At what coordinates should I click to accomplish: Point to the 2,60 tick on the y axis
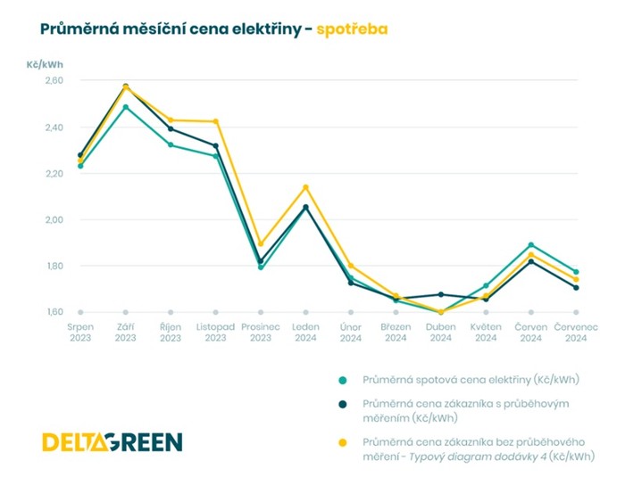pyautogui.click(x=54, y=80)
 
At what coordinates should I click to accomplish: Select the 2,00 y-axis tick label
pyautogui.click(x=54, y=219)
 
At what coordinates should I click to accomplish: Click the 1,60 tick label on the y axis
pyautogui.click(x=54, y=312)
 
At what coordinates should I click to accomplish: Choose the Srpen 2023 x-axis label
pyautogui.click(x=80, y=333)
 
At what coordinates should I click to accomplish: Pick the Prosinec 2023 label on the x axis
pyautogui.click(x=261, y=333)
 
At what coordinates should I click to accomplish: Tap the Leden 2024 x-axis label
pyautogui.click(x=305, y=333)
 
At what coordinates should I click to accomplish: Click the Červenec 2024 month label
pyautogui.click(x=576, y=333)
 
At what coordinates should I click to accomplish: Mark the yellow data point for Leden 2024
pyautogui.click(x=305, y=187)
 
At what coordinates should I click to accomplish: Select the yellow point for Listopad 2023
pyautogui.click(x=215, y=121)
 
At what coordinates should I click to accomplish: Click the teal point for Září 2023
pyautogui.click(x=125, y=107)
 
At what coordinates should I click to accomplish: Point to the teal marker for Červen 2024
pyautogui.click(x=531, y=244)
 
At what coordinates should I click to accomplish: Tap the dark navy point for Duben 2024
pyautogui.click(x=441, y=294)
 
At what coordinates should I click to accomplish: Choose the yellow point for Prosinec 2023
pyautogui.click(x=261, y=244)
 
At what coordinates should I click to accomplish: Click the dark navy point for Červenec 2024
pyautogui.click(x=576, y=287)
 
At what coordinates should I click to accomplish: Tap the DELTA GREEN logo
pyautogui.click(x=112, y=441)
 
